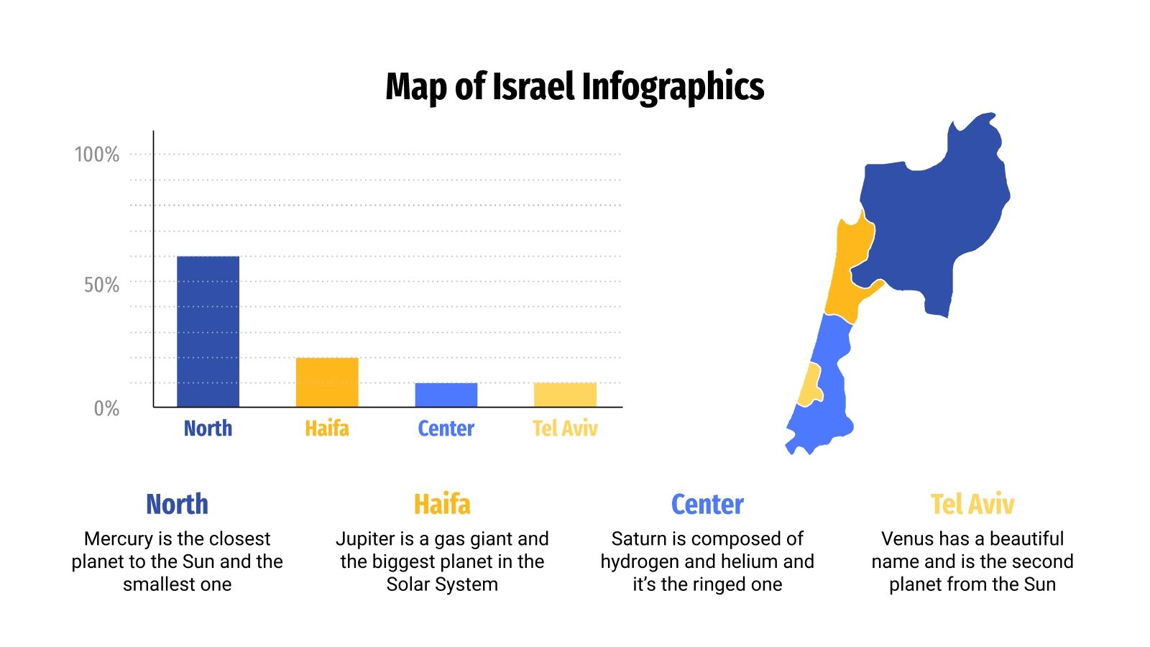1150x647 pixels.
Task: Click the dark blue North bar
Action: [208, 331]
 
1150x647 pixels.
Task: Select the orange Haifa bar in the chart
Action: [327, 382]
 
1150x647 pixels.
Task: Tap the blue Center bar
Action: [446, 395]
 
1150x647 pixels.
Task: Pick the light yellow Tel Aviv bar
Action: [565, 395]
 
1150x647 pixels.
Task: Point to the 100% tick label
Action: [97, 155]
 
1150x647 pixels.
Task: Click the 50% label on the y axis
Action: [101, 285]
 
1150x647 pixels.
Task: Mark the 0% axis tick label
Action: [106, 408]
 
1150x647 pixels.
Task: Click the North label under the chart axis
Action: [208, 428]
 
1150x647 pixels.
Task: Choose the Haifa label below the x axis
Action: [327, 428]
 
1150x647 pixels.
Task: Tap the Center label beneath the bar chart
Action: [446, 428]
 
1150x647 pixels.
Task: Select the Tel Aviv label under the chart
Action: [565, 428]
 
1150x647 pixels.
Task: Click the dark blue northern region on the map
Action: [934, 216]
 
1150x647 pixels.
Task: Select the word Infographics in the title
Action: [673, 86]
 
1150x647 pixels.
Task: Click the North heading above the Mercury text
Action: [177, 505]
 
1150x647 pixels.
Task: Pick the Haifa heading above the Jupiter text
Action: [442, 505]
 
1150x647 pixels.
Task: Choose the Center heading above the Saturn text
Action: [707, 505]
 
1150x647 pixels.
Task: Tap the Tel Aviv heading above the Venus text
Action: [972, 505]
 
